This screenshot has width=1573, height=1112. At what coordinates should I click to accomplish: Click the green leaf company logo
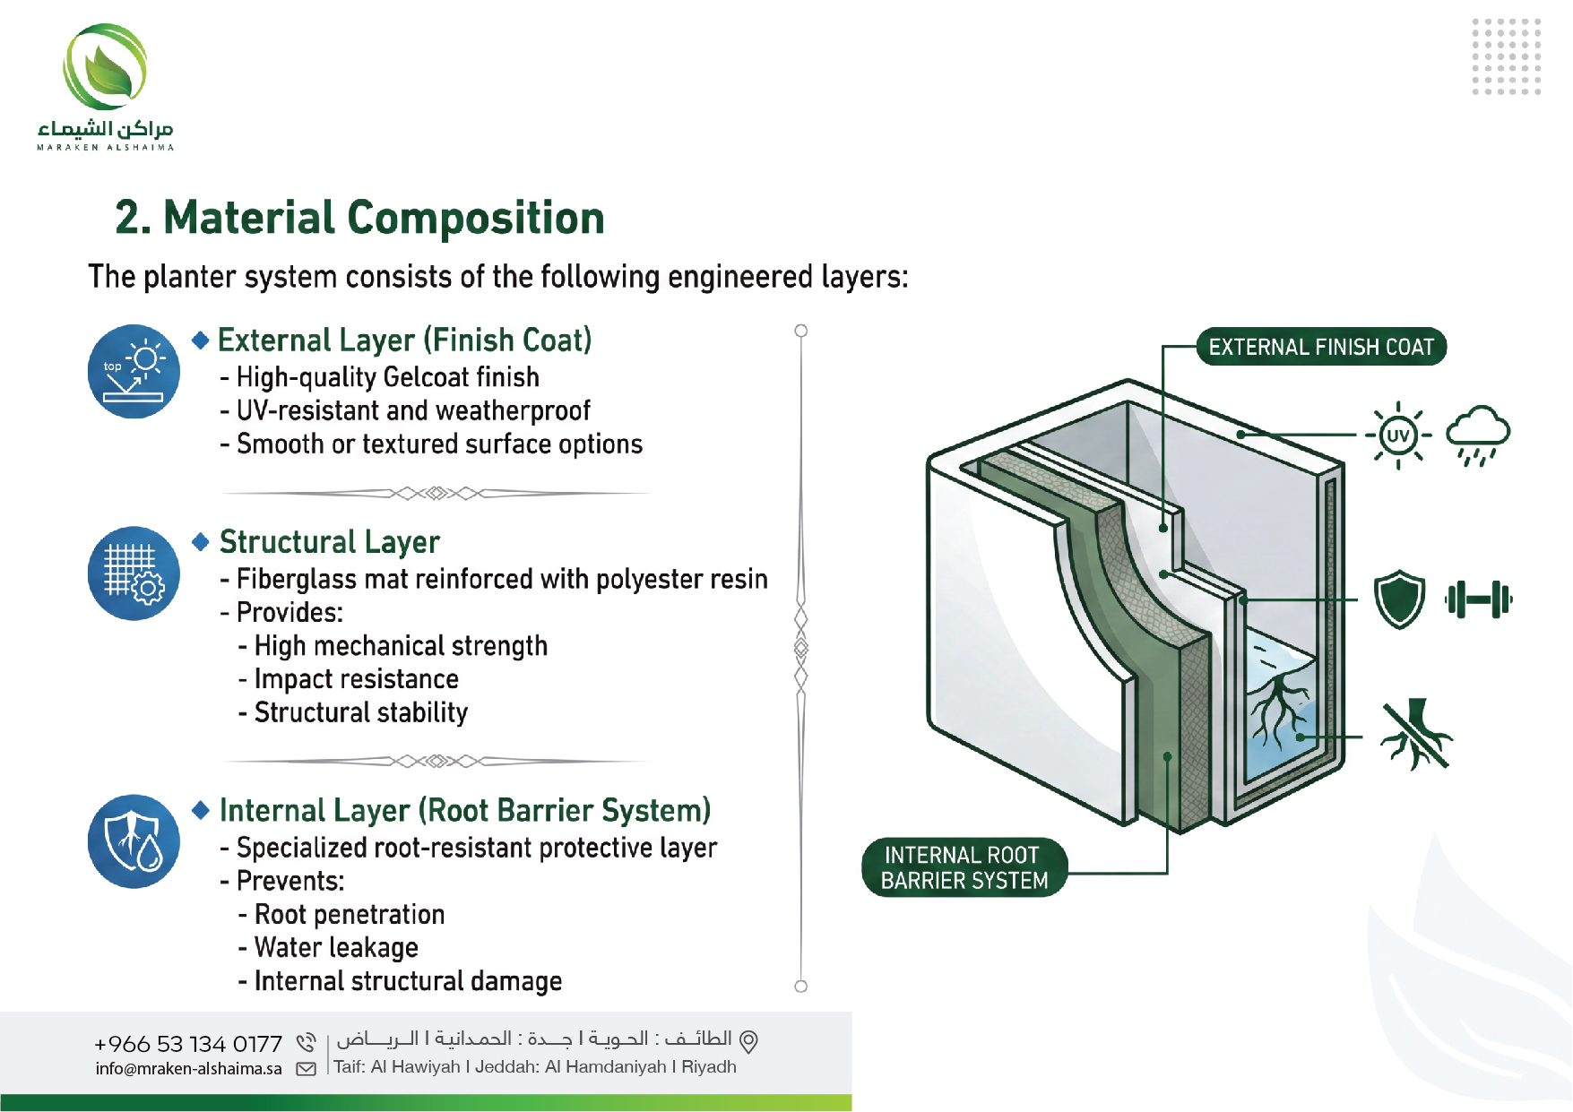[105, 67]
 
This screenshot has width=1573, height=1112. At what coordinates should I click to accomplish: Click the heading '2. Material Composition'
[360, 218]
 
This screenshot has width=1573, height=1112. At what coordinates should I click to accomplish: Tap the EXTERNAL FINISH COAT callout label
[1321, 347]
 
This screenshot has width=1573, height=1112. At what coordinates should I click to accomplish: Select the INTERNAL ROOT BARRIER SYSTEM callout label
[964, 867]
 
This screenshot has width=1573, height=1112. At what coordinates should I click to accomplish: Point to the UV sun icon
[1397, 435]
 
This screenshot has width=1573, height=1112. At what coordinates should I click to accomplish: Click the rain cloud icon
[1478, 435]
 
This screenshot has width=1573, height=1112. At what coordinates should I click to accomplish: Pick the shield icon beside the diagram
[1399, 599]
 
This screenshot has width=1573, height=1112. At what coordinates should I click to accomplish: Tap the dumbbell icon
[1479, 599]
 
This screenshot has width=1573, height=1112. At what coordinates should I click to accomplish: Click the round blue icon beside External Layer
[134, 371]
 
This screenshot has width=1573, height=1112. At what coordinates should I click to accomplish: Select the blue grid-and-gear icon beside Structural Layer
[134, 573]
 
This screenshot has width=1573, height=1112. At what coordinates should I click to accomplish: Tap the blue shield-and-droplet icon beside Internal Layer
[134, 841]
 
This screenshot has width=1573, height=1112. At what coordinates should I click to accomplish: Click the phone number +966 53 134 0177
[188, 1044]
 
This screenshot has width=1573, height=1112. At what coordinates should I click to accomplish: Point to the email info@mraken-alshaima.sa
[188, 1068]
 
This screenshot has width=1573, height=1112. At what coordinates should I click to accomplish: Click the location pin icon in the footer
[748, 1041]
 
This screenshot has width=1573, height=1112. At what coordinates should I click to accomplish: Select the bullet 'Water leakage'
[336, 947]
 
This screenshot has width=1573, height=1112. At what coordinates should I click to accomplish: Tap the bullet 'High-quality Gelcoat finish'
[387, 377]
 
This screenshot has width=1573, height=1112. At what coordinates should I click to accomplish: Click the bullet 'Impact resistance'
[356, 679]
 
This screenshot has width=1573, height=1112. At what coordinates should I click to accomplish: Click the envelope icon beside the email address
[307, 1069]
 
